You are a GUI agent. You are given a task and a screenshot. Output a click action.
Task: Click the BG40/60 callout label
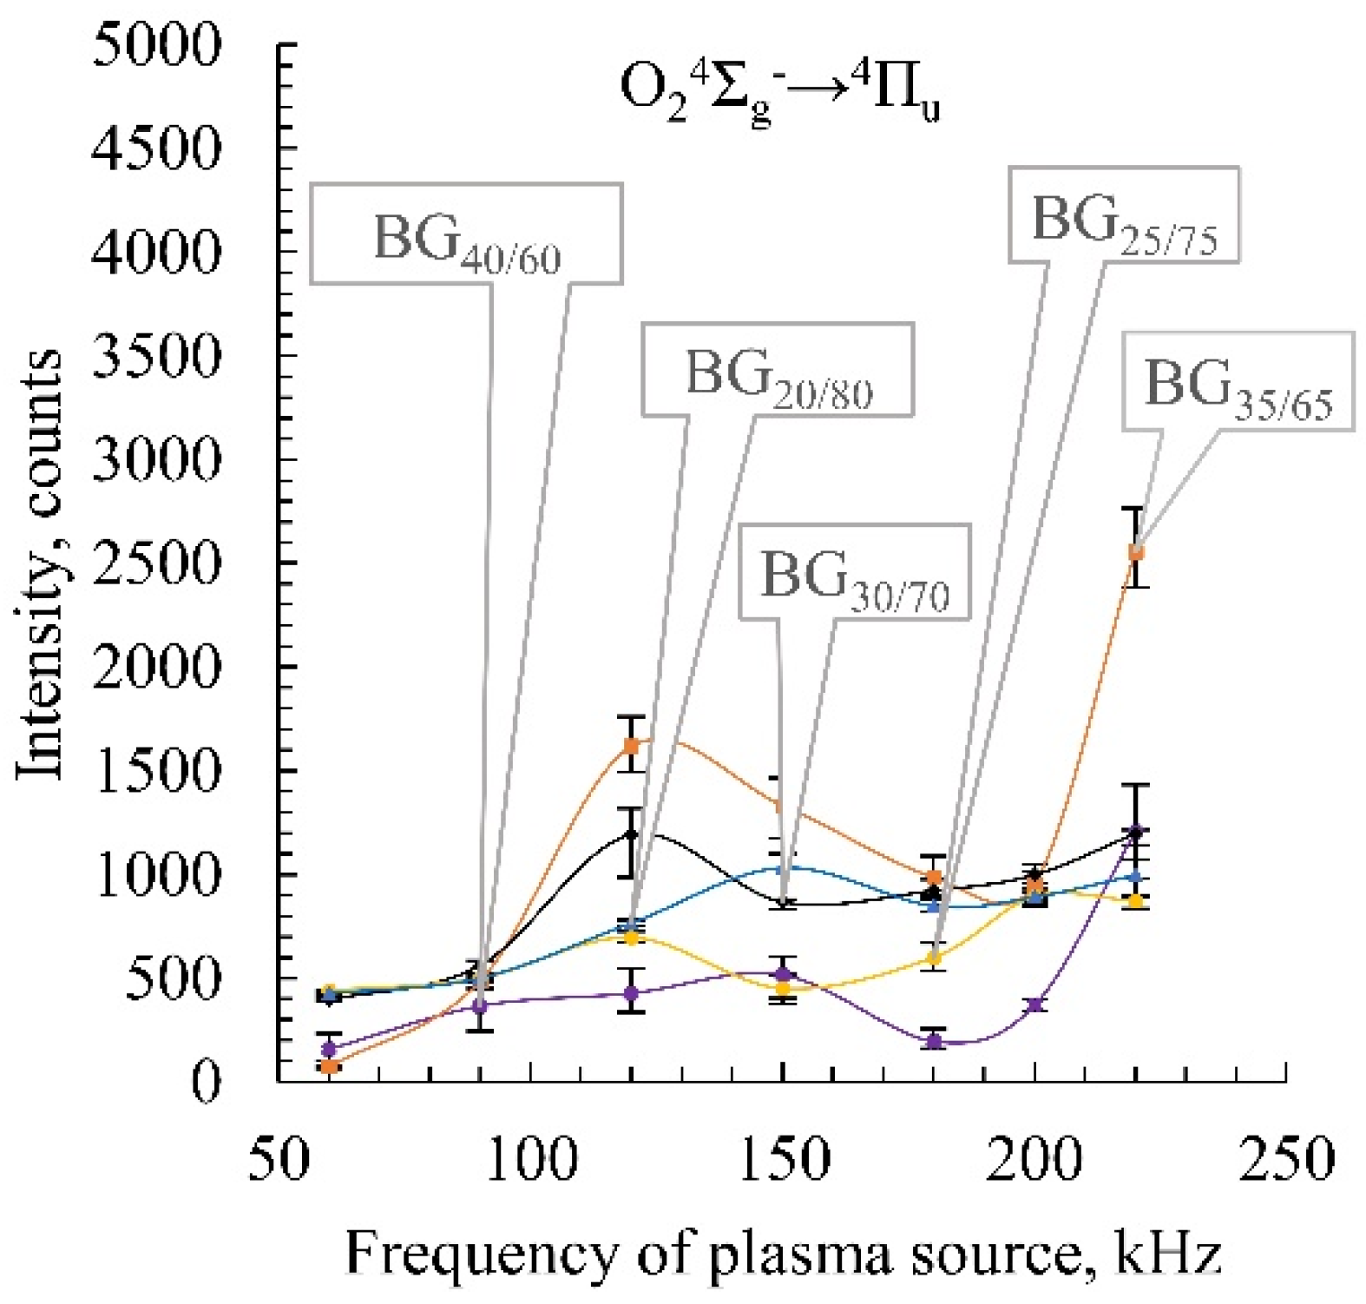(x=466, y=234)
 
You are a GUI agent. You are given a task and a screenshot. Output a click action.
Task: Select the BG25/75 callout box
(x=1123, y=214)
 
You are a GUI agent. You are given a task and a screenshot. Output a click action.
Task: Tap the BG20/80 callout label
(x=778, y=370)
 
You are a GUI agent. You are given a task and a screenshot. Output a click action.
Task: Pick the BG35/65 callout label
(x=1238, y=380)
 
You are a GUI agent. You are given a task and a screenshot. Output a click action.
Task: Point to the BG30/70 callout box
(x=854, y=572)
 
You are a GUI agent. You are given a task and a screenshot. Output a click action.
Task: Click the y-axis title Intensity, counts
(x=41, y=564)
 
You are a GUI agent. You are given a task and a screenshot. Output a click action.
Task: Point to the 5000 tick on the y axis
(x=156, y=45)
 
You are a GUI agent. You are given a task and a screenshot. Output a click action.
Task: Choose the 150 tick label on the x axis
(x=783, y=1159)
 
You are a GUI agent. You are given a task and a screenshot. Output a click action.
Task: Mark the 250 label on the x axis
(x=1286, y=1159)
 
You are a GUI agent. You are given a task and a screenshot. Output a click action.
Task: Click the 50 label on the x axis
(x=278, y=1159)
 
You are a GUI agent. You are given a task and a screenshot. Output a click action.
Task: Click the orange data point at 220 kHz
(x=1135, y=551)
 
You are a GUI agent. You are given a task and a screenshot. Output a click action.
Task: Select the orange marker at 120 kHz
(x=632, y=746)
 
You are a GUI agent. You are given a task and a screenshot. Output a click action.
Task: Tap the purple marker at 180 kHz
(x=934, y=1041)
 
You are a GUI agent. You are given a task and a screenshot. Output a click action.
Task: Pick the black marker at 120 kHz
(x=632, y=835)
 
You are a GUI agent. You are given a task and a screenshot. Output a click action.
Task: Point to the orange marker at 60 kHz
(x=329, y=1066)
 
